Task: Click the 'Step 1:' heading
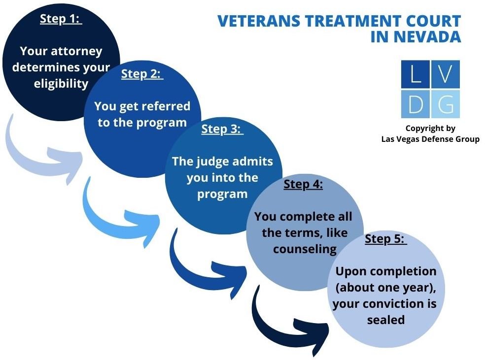pos(61,19)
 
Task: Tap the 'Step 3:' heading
pos(222,129)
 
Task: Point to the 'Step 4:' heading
pos(303,185)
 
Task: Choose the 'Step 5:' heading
pos(385,239)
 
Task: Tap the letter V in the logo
pos(446,74)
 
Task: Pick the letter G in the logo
pos(446,104)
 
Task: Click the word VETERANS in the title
pos(259,21)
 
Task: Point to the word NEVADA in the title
pos(424,37)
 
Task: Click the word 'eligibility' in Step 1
pos(61,83)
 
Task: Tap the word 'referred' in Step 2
pos(167,106)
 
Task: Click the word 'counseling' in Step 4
pos(305,249)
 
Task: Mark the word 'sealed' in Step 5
pos(385,320)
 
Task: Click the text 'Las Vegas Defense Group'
pos(430,139)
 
